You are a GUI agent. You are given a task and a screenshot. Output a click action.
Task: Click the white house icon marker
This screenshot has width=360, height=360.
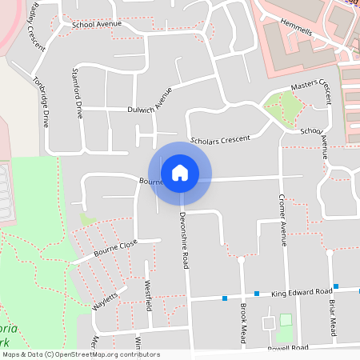[180, 173]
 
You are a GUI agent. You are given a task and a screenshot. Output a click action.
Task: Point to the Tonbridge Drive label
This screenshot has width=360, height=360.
[41, 102]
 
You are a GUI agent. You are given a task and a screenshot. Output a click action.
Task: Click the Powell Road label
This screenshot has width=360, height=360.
[288, 348]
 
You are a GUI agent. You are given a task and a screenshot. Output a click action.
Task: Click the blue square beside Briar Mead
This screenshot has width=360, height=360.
[337, 286]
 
